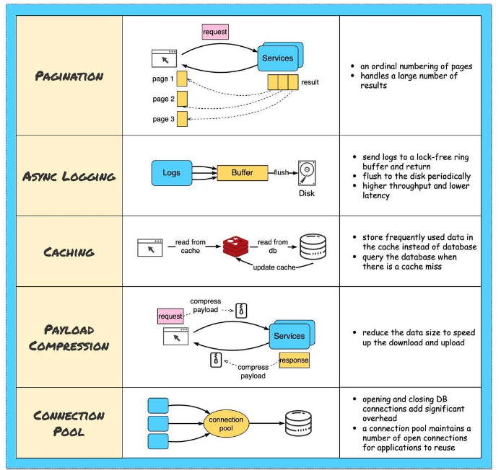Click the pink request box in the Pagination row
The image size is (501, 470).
(215, 32)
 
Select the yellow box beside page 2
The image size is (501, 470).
(182, 99)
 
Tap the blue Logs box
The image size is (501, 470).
(172, 173)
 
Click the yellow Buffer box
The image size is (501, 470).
(243, 173)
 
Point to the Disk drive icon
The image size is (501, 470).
(307, 173)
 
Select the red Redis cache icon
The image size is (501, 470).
(236, 247)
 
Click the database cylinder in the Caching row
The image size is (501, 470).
(313, 247)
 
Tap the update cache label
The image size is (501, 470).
(274, 267)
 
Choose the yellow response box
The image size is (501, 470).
(294, 360)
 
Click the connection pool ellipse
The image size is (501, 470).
(226, 424)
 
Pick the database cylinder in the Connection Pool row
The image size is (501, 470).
(298, 423)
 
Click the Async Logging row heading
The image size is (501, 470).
(69, 177)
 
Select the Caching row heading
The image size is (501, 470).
(69, 252)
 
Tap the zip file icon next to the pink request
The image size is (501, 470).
(241, 311)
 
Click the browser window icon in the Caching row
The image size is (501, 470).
(150, 247)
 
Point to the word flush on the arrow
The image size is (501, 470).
(281, 172)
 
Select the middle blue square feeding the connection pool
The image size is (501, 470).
(158, 423)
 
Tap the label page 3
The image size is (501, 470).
(163, 119)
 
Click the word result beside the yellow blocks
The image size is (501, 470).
(310, 82)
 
